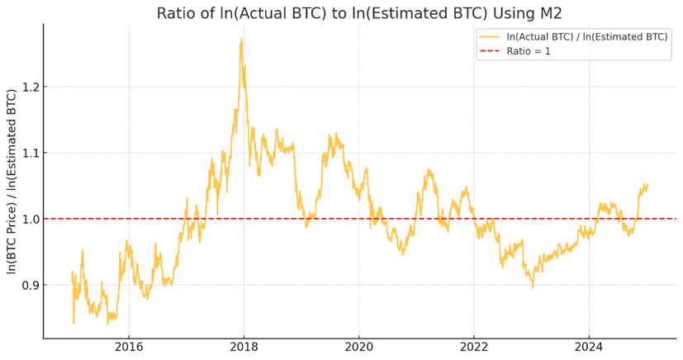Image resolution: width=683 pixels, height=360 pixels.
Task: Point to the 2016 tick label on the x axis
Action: tap(128, 347)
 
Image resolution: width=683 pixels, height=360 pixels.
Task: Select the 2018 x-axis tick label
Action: tap(244, 347)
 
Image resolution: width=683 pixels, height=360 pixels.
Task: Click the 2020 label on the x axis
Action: tap(358, 347)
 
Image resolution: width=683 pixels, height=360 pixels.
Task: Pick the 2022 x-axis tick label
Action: tap(473, 347)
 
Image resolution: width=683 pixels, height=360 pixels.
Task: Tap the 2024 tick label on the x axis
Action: tap(588, 347)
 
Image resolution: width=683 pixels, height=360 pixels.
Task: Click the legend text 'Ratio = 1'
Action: tap(528, 51)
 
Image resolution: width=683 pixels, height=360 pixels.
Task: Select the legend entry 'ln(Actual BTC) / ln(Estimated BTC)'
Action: tap(586, 36)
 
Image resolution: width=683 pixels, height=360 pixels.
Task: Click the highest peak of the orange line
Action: tap(241, 38)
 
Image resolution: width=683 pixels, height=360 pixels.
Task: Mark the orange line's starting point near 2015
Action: tap(72, 272)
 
